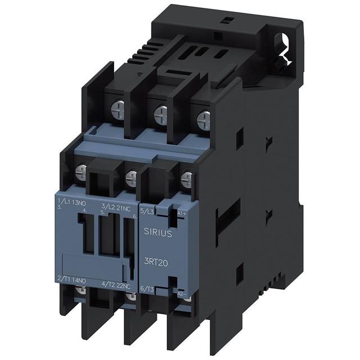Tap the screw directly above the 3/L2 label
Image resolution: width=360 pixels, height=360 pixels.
tap(131, 178)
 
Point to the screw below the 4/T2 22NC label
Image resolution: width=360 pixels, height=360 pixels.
tap(130, 296)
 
